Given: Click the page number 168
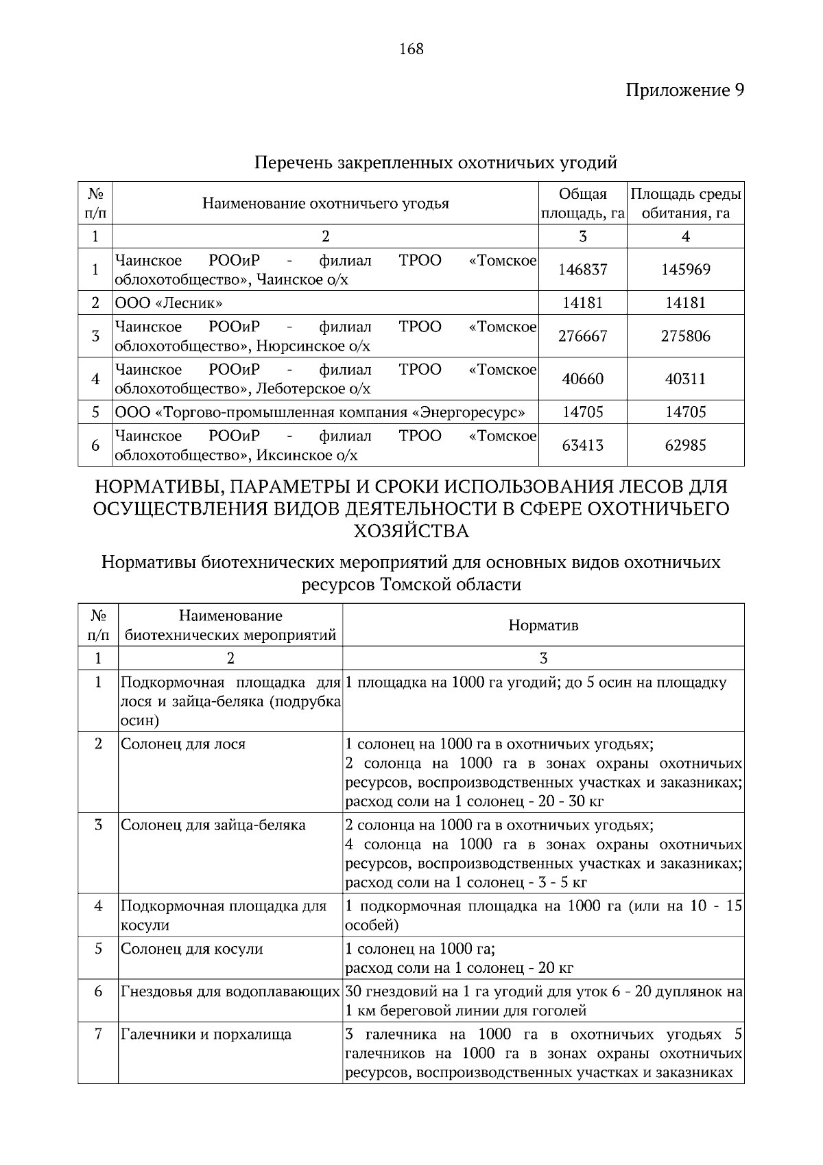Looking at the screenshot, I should tap(411, 49).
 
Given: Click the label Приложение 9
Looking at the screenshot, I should tap(684, 90).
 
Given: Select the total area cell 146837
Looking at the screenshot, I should tap(582, 270).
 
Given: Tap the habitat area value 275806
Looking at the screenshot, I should tap(685, 336).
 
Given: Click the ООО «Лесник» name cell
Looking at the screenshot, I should tap(169, 303).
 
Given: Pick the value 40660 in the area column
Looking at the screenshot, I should tap(582, 379).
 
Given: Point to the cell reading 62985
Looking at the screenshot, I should tap(685, 445).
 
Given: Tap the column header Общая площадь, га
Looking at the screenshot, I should tap(582, 204).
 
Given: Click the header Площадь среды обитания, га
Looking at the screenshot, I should tap(685, 204).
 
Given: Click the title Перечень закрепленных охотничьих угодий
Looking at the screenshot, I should tap(436, 163).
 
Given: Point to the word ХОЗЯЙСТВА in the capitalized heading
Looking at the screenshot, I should tap(411, 531).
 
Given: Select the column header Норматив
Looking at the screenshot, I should tap(543, 625).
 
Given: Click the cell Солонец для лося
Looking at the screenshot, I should tap(183, 744).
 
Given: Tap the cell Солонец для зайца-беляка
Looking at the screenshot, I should tap(213, 825).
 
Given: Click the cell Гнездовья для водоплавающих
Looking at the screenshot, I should tap(230, 991).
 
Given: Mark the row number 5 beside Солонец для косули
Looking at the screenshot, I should tap(98, 948).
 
